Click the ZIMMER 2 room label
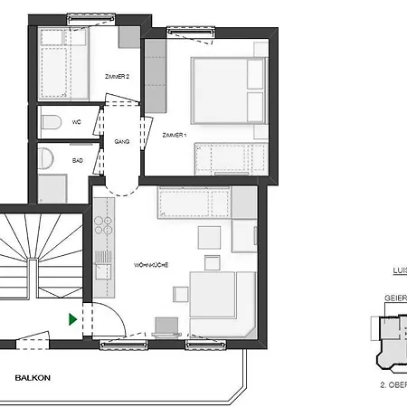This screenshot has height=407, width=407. [118, 78]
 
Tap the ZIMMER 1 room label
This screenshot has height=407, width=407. [174, 135]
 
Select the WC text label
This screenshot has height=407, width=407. [79, 120]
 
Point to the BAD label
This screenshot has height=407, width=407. [79, 159]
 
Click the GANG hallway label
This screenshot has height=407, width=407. [123, 142]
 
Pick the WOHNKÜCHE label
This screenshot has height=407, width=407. [151, 264]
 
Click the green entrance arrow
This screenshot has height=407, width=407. [71, 318]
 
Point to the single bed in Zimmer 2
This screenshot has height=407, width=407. [63, 64]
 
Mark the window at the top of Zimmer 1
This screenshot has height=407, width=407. [185, 32]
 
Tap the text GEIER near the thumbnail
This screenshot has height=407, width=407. [395, 297]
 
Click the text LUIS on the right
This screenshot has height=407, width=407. [397, 270]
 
